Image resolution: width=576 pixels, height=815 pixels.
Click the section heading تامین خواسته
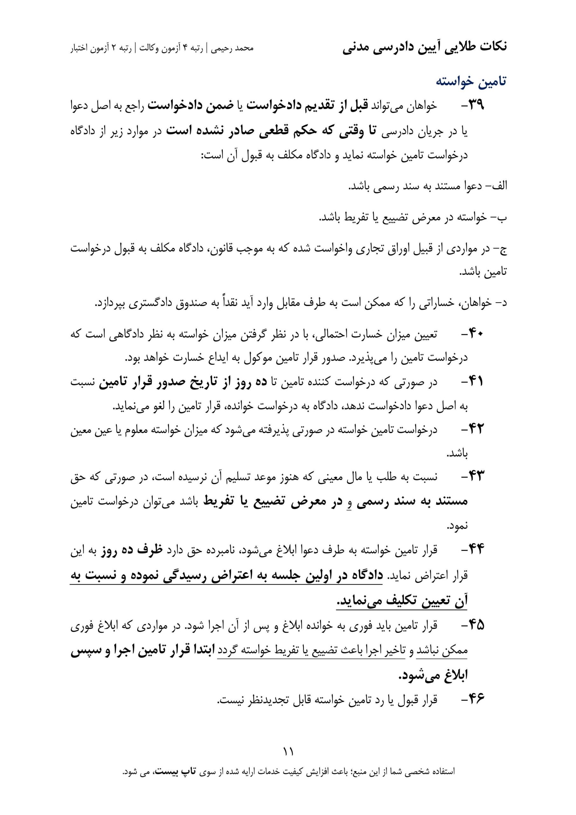pos(471,81)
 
